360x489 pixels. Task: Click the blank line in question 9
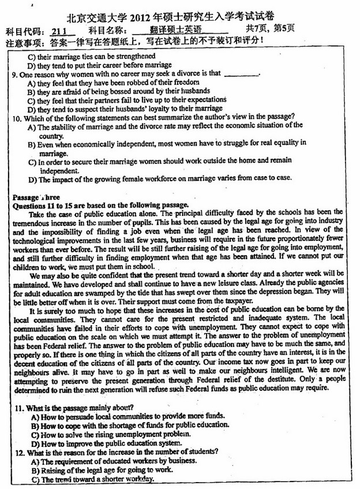coord(241,74)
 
